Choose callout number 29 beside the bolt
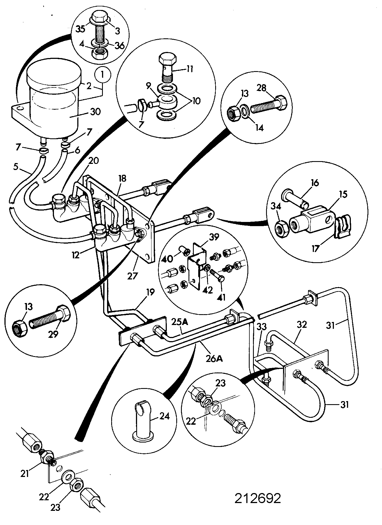coord(53,334)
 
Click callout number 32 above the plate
coord(302,324)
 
